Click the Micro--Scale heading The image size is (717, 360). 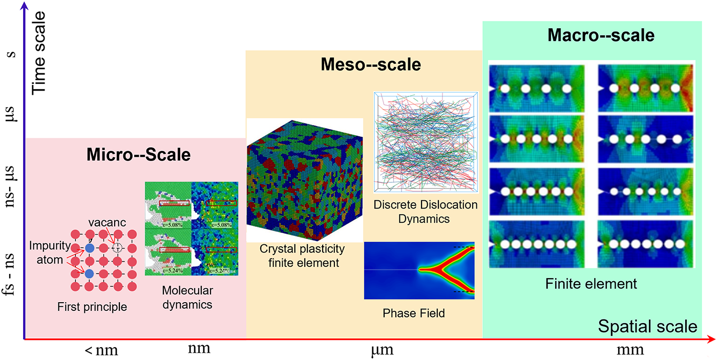click(138, 154)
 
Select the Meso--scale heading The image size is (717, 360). click(371, 65)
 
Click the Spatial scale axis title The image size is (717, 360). click(647, 326)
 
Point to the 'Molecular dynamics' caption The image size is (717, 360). click(187, 298)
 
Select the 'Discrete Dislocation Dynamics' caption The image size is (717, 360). click(426, 212)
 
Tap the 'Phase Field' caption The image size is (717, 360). click(414, 313)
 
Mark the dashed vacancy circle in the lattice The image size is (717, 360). click(117, 248)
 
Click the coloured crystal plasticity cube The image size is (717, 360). click(304, 180)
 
